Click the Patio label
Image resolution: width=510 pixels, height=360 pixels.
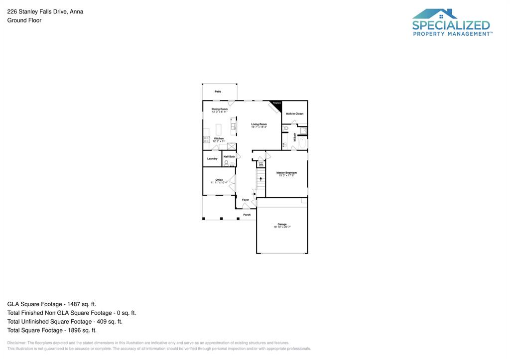[218, 92]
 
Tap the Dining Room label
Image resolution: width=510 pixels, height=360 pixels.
[219, 109]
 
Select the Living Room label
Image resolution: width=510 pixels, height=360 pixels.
[259, 124]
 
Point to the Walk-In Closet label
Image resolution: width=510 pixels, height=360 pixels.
[294, 114]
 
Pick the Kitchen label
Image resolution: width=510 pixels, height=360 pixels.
[219, 138]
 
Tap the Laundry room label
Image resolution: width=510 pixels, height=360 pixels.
[212, 159]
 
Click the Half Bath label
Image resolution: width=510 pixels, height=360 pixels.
[229, 157]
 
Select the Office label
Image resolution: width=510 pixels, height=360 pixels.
[219, 180]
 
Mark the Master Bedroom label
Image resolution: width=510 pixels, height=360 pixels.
[286, 173]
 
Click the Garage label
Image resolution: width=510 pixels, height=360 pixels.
[282, 224]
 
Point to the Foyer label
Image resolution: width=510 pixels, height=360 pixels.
[246, 200]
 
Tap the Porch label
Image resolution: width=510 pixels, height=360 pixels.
[247, 215]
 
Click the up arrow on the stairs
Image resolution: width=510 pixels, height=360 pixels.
[260, 178]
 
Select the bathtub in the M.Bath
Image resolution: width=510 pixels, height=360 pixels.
[302, 143]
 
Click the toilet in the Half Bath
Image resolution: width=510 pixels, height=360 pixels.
[226, 163]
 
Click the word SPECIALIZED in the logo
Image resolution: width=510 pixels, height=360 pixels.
[451, 25]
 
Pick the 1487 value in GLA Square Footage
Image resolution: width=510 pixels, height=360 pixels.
[71, 304]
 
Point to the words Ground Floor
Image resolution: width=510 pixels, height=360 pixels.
[24, 20]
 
